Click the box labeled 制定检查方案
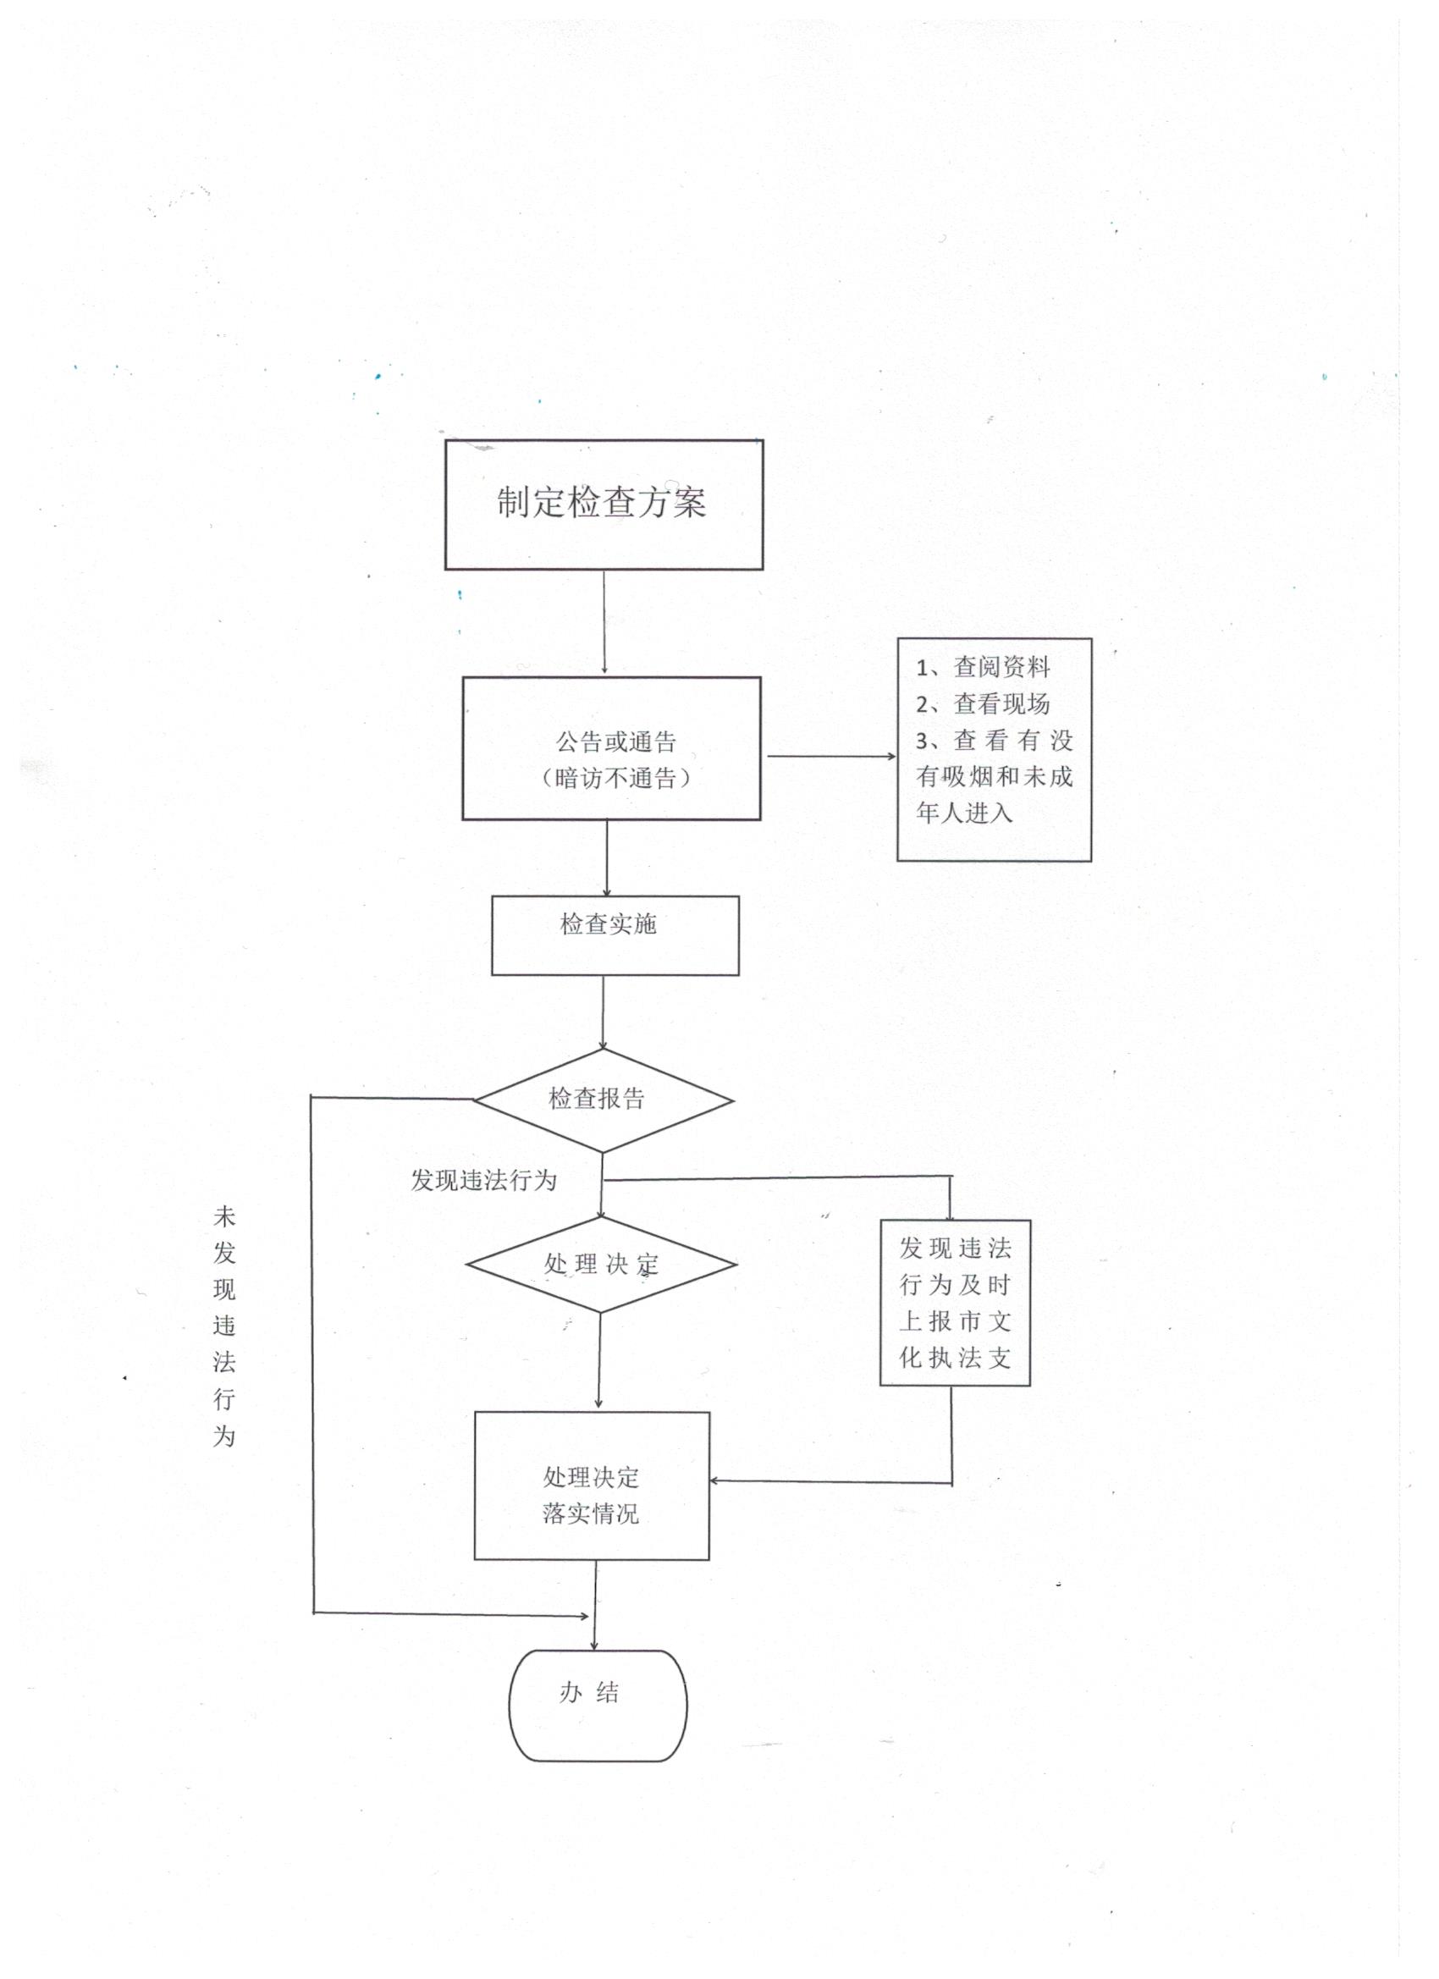pos(604,504)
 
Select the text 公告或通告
pos(616,742)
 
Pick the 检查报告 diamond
pos(602,1100)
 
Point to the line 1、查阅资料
pos(983,668)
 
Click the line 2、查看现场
pos(983,704)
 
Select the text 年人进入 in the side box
pos(963,813)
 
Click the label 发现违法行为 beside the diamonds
pos(483,1181)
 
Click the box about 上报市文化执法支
pos(955,1302)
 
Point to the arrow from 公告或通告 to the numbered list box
pos(829,757)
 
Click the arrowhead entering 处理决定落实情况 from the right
pos(715,1480)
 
